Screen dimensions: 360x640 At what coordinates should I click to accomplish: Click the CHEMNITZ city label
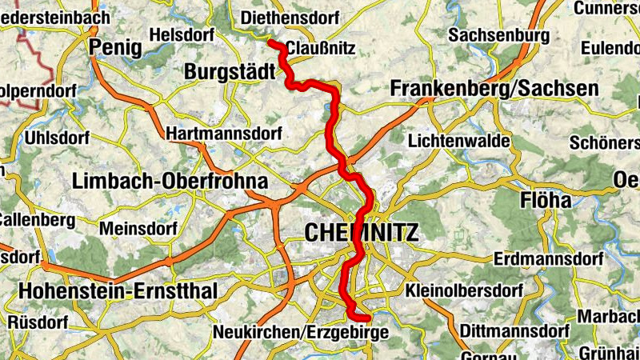click(362, 234)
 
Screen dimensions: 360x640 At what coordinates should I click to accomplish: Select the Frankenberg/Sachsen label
click(494, 89)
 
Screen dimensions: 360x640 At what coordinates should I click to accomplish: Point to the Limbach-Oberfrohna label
click(170, 182)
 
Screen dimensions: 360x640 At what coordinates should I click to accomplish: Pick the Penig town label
click(116, 48)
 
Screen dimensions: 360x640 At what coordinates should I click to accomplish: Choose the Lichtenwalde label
click(459, 141)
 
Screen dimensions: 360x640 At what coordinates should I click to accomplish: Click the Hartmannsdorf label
click(224, 134)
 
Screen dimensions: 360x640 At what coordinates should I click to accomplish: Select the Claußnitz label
click(320, 48)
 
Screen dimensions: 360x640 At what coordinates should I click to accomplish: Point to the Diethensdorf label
click(290, 17)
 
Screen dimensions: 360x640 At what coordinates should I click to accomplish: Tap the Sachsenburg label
click(499, 35)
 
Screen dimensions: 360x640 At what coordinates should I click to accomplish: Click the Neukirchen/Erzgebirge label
click(300, 331)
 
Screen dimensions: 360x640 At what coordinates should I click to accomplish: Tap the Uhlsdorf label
click(58, 138)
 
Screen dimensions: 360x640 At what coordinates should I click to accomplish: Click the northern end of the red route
click(270, 42)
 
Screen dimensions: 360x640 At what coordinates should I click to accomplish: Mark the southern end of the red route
click(367, 320)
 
